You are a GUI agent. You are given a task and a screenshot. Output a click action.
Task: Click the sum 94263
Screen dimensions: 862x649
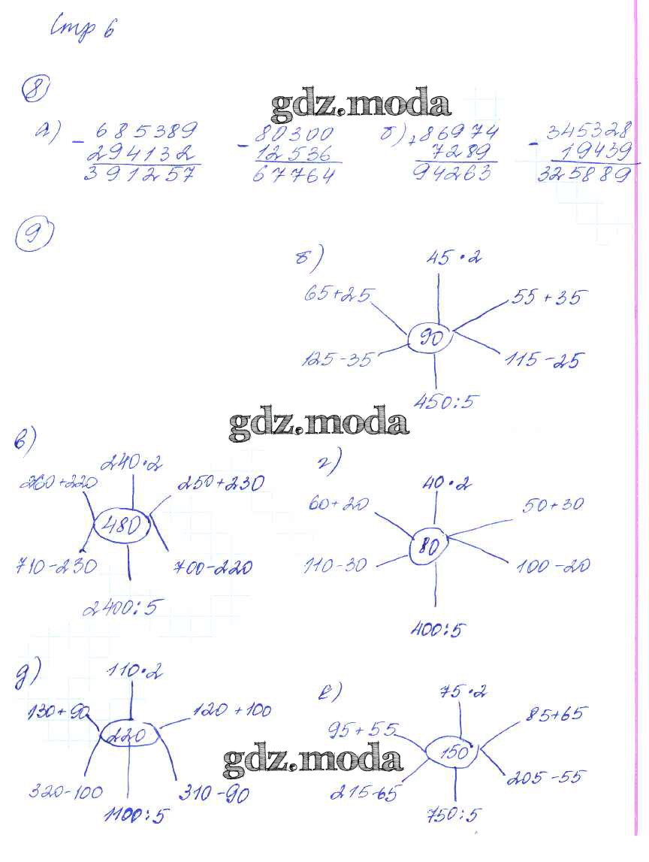pos(455,174)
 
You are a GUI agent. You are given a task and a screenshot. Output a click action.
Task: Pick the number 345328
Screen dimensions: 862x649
pos(589,132)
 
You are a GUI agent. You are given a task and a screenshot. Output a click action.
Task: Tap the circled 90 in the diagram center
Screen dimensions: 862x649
pos(430,340)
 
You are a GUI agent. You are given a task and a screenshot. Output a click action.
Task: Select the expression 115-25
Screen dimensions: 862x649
pos(542,360)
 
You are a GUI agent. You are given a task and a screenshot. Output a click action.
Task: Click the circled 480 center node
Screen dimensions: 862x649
pos(121,525)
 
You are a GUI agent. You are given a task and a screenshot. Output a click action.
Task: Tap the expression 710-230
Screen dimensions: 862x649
pos(56,566)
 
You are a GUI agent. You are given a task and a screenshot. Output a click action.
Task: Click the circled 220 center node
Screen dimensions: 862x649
pos(128,736)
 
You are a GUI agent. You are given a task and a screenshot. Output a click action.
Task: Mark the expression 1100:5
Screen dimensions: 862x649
pos(135,814)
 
